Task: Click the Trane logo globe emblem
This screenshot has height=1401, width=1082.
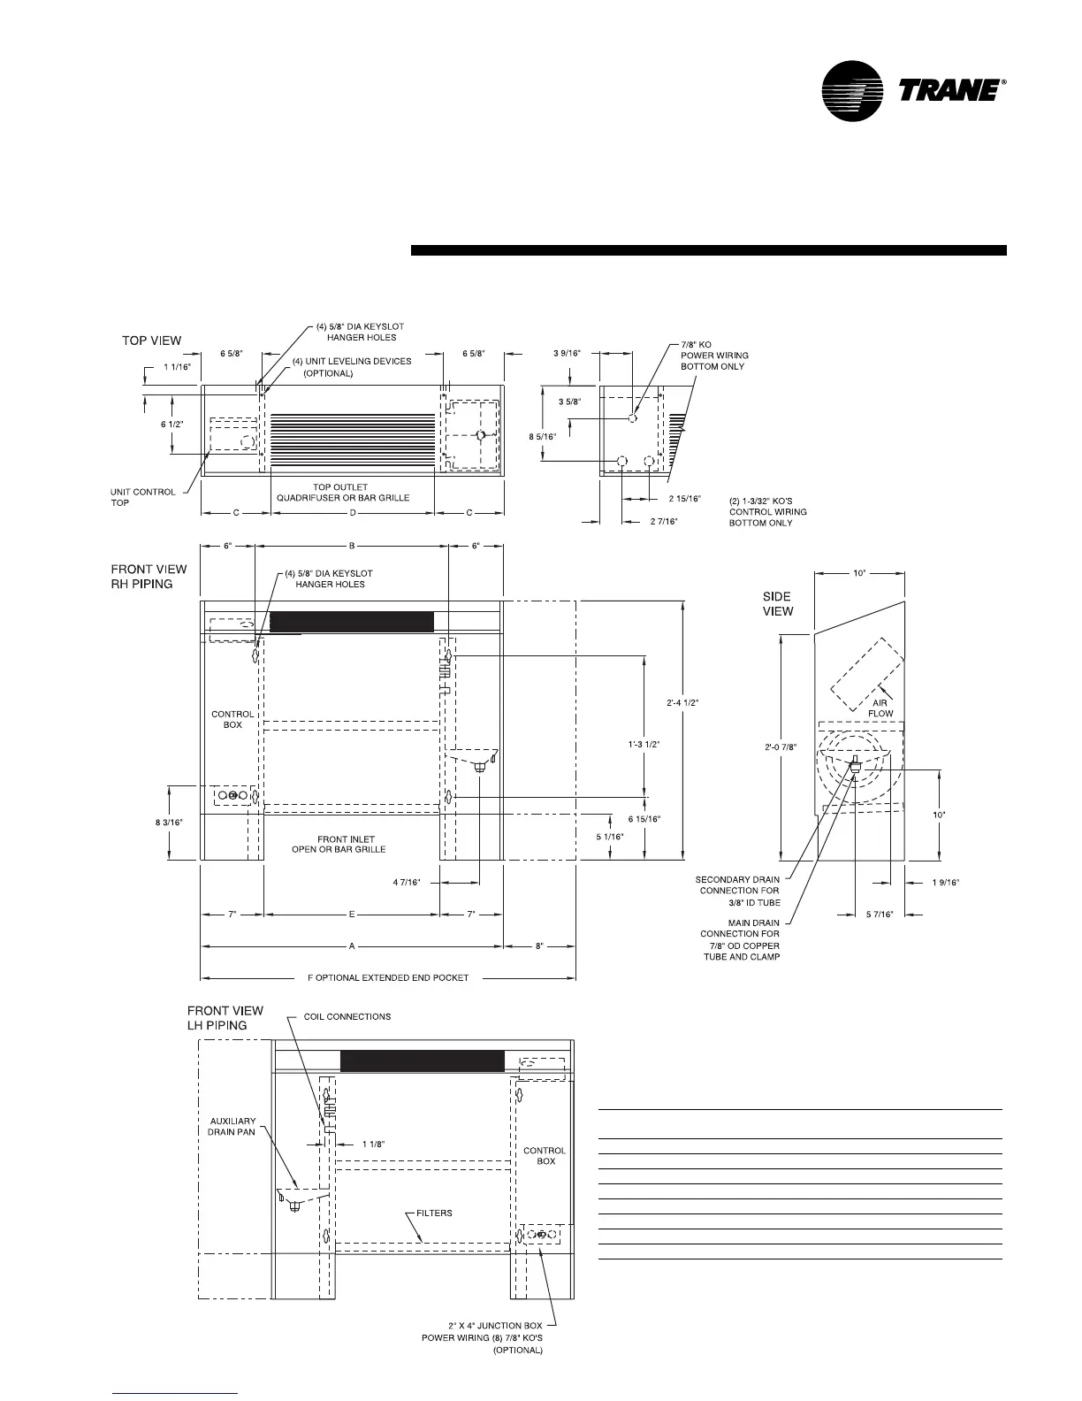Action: (852, 90)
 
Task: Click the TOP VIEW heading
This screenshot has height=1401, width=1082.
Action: (151, 341)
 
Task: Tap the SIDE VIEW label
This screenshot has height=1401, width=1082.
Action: (778, 603)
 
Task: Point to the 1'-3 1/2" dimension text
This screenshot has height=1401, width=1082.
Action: (642, 745)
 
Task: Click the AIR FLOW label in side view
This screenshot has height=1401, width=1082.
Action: (880, 708)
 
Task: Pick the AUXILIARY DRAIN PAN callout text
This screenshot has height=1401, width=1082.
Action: (232, 1126)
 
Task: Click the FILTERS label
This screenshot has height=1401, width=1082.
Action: (434, 1213)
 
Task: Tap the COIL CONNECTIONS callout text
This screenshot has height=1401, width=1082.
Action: (347, 1016)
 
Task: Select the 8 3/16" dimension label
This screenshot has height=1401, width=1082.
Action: (168, 822)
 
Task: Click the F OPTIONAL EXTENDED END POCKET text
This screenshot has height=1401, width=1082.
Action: (388, 977)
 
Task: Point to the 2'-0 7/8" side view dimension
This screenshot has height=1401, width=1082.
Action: (781, 746)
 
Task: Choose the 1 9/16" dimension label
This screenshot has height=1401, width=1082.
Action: (945, 882)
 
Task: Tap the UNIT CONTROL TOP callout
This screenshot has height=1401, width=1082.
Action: (142, 497)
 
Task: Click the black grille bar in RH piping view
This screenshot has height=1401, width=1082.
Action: (351, 621)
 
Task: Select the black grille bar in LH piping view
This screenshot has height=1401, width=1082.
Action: (422, 1061)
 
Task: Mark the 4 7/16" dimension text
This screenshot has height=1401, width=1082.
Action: (407, 882)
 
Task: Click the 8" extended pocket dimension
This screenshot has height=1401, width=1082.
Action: (540, 946)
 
